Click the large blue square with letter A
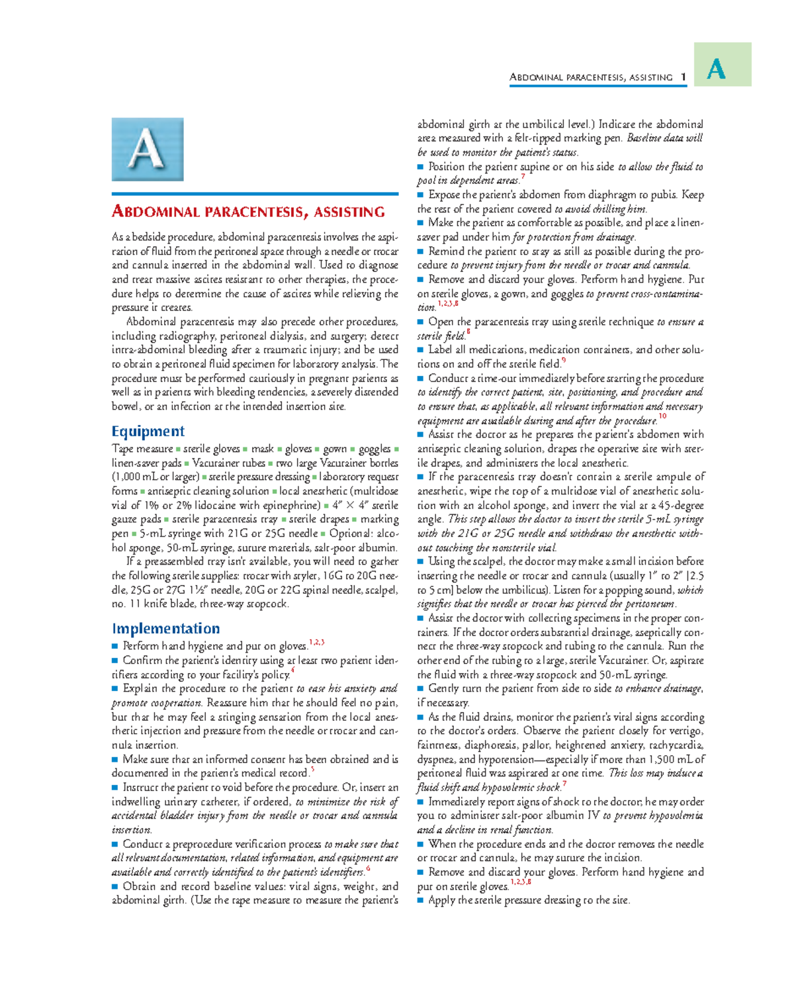[x=147, y=150]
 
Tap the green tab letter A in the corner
[x=717, y=68]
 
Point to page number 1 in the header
[x=682, y=77]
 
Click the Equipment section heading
[x=148, y=432]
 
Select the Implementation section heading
[x=165, y=629]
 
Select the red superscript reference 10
[x=662, y=417]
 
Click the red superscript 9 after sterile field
[x=563, y=361]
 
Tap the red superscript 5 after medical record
[x=312, y=770]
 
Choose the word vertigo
[x=685, y=731]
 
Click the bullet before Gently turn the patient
[x=420, y=688]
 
